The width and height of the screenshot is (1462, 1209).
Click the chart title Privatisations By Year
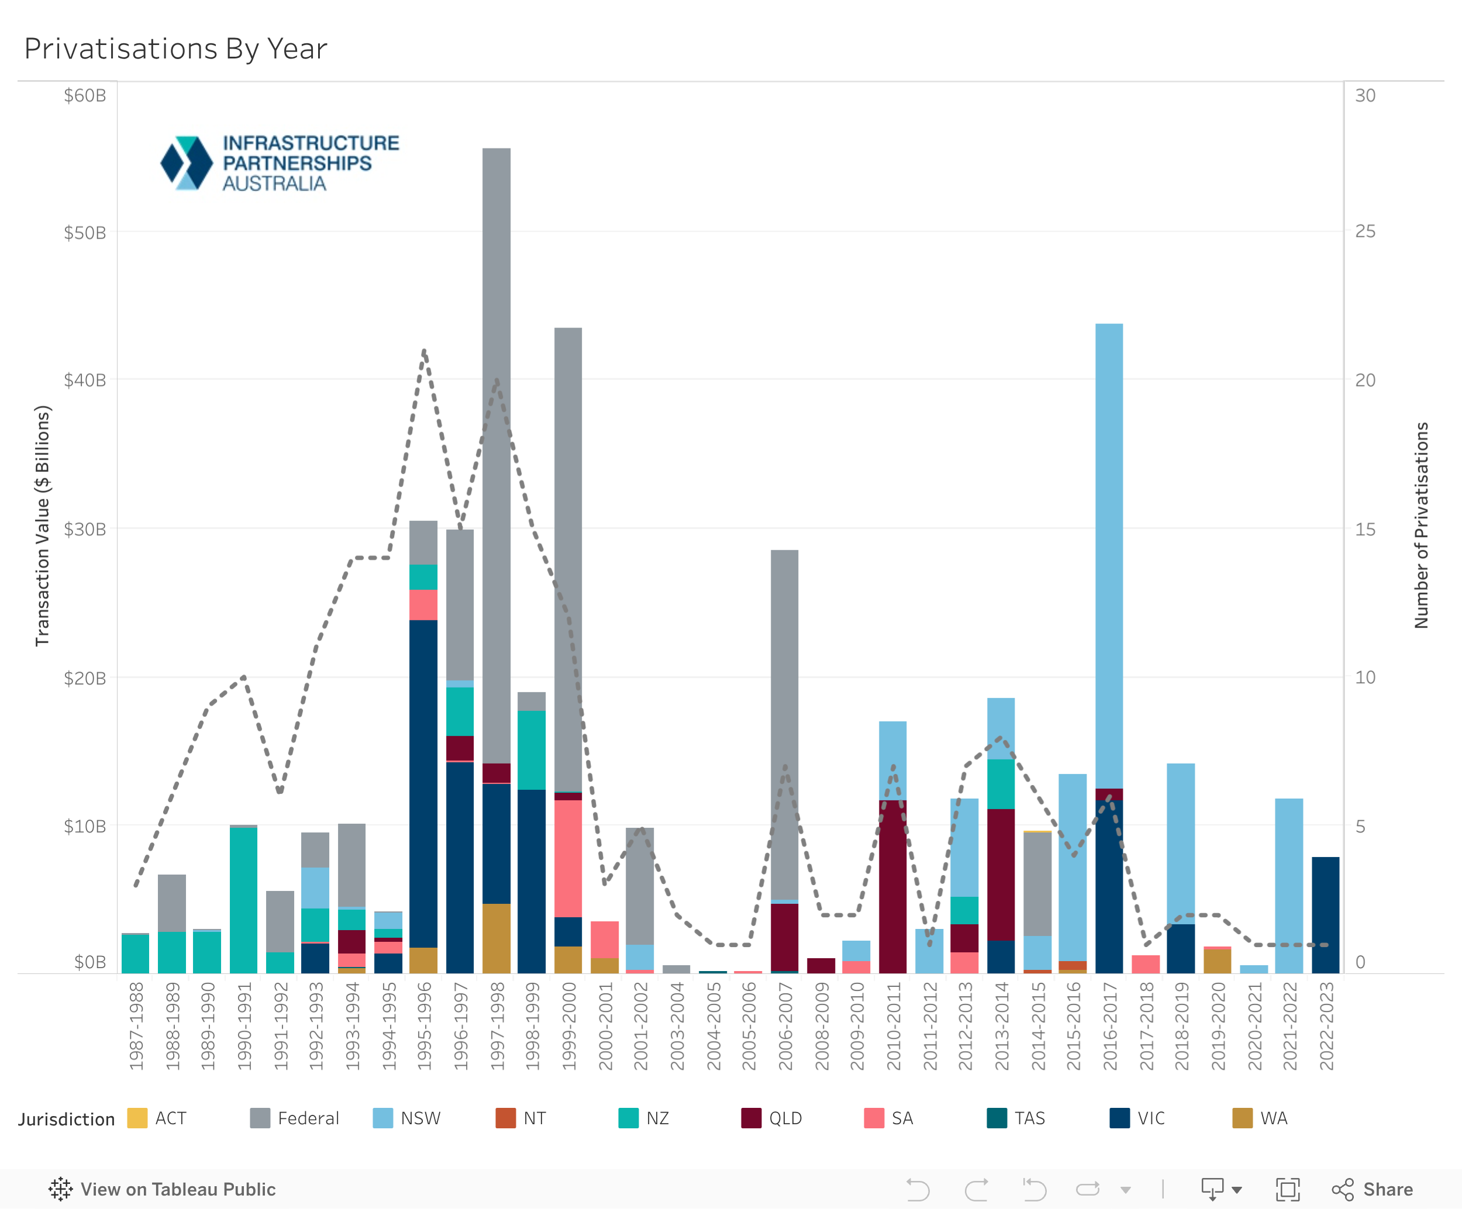coord(175,49)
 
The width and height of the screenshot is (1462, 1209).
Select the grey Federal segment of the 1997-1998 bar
coord(496,452)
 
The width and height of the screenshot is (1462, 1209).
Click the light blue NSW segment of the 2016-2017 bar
coord(1109,557)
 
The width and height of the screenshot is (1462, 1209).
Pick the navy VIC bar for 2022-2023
coord(1326,916)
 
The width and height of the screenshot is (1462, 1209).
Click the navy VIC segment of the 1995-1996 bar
coord(423,783)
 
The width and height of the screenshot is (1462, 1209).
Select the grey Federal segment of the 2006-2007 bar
coord(785,724)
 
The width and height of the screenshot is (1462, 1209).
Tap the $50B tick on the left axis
coord(85,233)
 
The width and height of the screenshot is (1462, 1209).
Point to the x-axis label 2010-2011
coord(893,1026)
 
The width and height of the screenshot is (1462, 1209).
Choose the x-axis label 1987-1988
coord(136,1026)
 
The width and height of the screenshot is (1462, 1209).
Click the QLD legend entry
coord(772,1118)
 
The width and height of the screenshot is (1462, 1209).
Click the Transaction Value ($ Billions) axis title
coord(43,526)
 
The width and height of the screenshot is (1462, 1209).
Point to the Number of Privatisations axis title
coord(1421,526)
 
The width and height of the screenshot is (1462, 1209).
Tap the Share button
coord(1373,1190)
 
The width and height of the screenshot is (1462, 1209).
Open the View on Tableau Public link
coord(163,1190)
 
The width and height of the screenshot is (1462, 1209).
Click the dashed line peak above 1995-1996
coord(424,351)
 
